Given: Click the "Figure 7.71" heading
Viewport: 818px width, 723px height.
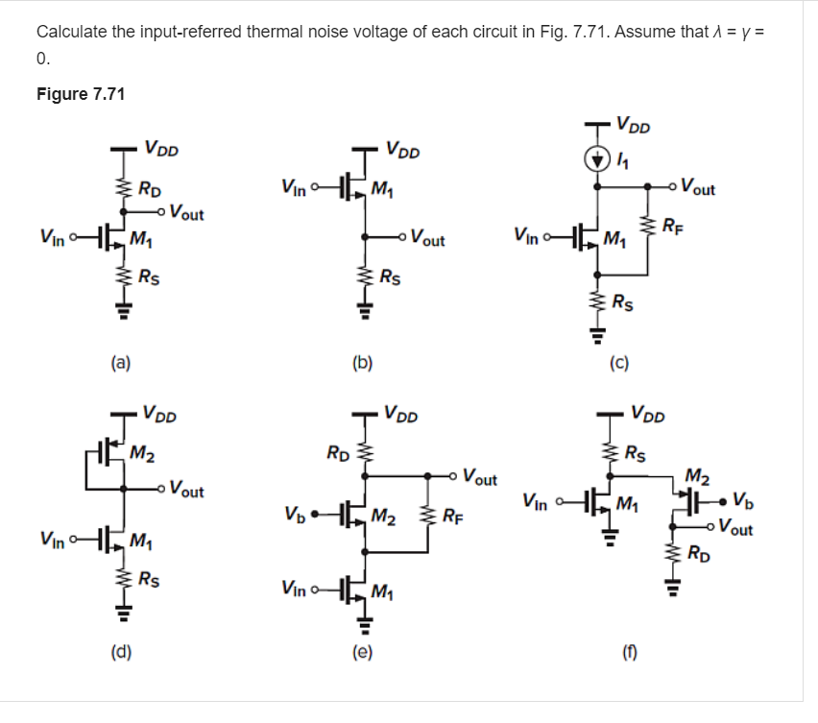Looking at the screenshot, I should click(81, 94).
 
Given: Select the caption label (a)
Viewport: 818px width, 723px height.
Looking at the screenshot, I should click(121, 363).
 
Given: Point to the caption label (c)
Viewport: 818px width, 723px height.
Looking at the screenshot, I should click(620, 364).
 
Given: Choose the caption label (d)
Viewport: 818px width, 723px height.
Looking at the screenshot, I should click(121, 655).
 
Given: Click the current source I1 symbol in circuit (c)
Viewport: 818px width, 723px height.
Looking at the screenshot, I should click(599, 157).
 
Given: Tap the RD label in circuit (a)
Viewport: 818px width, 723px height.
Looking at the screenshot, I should click(149, 188).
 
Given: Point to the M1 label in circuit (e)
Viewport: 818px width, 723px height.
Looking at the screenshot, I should click(385, 590).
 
